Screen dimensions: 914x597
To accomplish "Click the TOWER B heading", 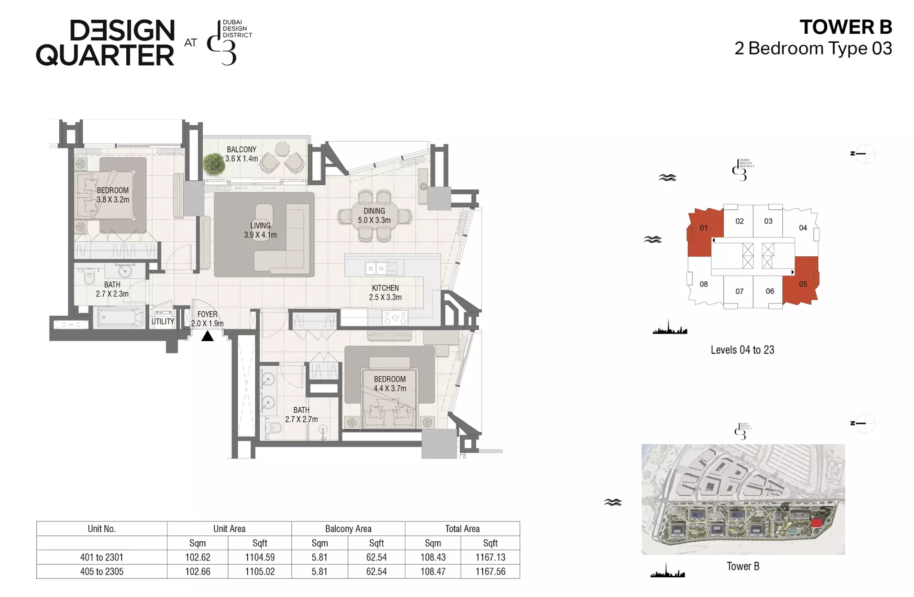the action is pyautogui.click(x=846, y=27).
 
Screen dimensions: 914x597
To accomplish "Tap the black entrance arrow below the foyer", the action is pyautogui.click(x=207, y=336).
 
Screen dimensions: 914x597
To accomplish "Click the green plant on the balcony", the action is pyautogui.click(x=214, y=164).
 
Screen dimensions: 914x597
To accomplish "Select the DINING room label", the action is pyautogui.click(x=374, y=211).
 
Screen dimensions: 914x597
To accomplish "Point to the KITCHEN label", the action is pyautogui.click(x=385, y=288).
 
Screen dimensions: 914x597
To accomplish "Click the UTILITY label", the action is pyautogui.click(x=163, y=321).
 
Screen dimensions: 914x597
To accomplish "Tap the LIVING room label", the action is pyautogui.click(x=261, y=225).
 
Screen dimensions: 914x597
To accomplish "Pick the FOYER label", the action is pyautogui.click(x=207, y=314).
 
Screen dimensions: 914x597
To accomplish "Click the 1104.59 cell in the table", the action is pyautogui.click(x=260, y=557).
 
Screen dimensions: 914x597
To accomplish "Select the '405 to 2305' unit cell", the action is pyautogui.click(x=102, y=572).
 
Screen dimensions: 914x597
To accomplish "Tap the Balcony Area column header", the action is pyautogui.click(x=348, y=529).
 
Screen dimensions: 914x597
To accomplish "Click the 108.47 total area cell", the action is pyautogui.click(x=433, y=572).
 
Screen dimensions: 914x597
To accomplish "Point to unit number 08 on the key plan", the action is pyautogui.click(x=704, y=284).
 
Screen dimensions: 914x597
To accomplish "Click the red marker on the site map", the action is pyautogui.click(x=816, y=523).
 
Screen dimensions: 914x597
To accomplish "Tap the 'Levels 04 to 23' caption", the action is pyautogui.click(x=742, y=350).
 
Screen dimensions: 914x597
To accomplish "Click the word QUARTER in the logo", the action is pyautogui.click(x=105, y=55).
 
